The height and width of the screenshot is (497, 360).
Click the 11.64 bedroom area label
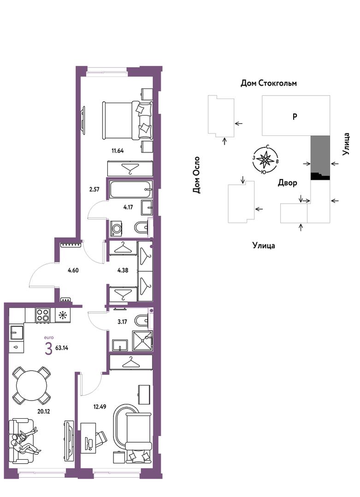[x=118, y=151]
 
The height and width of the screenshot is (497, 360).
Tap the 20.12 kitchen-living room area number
[x=43, y=411]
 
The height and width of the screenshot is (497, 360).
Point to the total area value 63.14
[x=62, y=348]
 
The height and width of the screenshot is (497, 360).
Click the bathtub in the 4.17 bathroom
[x=130, y=190]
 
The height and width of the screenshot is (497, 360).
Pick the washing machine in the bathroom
[x=117, y=228]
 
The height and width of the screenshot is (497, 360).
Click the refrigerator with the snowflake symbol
[x=63, y=316]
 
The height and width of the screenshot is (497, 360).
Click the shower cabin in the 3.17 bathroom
[x=142, y=341]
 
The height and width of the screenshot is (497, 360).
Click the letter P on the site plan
[x=295, y=117]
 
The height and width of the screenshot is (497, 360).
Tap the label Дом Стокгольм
[x=269, y=83]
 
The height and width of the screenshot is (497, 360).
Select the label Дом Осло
[x=197, y=175]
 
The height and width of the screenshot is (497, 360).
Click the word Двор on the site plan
[x=287, y=183]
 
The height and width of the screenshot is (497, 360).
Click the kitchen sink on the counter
[x=17, y=333]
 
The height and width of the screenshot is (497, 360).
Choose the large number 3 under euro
[x=48, y=349]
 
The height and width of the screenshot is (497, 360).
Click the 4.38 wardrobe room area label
[x=123, y=270]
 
